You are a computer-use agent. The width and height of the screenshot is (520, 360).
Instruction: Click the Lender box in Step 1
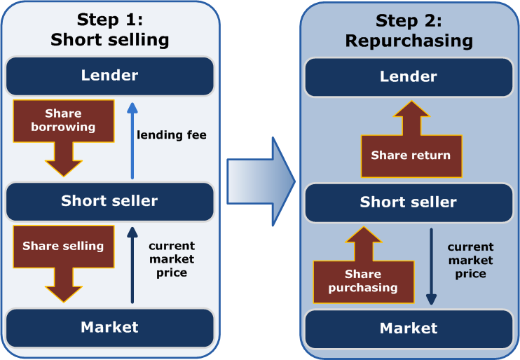pyautogui.click(x=109, y=76)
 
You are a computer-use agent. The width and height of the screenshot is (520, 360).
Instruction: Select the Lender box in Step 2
pyautogui.click(x=409, y=76)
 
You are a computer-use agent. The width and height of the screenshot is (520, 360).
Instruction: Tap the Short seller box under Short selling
pyautogui.click(x=109, y=201)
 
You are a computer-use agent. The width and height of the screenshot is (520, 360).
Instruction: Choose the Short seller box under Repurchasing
pyautogui.click(x=409, y=202)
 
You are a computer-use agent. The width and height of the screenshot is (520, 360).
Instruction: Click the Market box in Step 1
pyautogui.click(x=109, y=326)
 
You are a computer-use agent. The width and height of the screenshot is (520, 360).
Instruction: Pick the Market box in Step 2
pyautogui.click(x=409, y=328)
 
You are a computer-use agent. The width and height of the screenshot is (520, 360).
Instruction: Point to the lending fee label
pyautogui.click(x=172, y=134)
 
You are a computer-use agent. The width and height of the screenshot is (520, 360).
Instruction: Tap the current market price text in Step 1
pyautogui.click(x=172, y=259)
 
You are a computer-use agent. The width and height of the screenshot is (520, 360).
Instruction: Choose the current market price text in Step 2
pyautogui.click(x=470, y=260)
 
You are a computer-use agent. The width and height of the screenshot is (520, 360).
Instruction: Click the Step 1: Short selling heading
pyautogui.click(x=109, y=30)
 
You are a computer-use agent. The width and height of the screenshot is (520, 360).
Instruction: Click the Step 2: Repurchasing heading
pyautogui.click(x=409, y=31)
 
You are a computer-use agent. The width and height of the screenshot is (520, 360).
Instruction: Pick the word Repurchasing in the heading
pyautogui.click(x=409, y=41)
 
